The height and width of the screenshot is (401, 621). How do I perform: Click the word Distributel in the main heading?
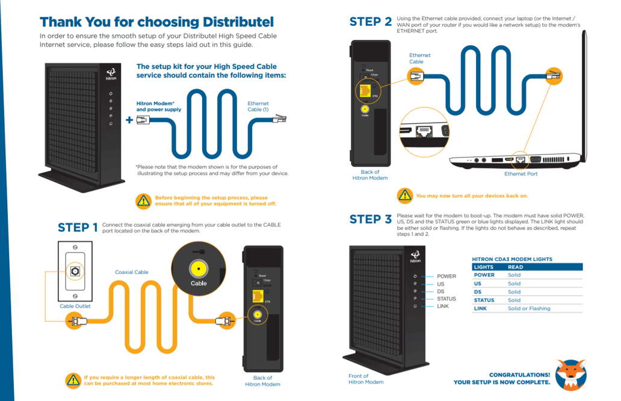tap(234, 22)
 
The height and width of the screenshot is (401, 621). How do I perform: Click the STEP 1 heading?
tap(78, 227)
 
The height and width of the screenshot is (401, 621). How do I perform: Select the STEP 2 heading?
tap(370, 22)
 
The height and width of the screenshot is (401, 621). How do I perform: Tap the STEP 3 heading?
tap(370, 219)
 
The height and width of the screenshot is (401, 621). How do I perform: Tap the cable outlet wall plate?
tap(75, 271)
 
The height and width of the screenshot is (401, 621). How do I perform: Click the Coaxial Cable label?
tap(131, 272)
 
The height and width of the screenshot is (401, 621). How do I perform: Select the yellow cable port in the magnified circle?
tap(198, 269)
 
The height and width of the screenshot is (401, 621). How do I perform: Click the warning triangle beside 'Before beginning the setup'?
tap(143, 201)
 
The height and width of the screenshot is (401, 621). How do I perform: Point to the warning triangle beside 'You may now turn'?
tap(405, 195)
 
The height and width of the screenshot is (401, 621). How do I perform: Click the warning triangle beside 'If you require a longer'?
tap(73, 380)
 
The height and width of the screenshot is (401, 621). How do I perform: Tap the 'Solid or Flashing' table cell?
tap(529, 308)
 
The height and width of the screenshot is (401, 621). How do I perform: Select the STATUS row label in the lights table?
tap(484, 300)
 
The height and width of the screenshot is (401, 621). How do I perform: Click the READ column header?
tap(515, 267)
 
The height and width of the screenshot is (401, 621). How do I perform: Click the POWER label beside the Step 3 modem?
tap(446, 277)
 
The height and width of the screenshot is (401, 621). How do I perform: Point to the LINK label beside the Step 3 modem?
tap(442, 307)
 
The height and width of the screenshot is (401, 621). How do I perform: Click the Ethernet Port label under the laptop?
tap(521, 174)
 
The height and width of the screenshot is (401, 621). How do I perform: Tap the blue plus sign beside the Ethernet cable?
tap(129, 120)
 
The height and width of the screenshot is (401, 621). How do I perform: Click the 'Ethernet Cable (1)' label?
tap(258, 106)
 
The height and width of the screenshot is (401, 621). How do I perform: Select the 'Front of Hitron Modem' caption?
tap(366, 379)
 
